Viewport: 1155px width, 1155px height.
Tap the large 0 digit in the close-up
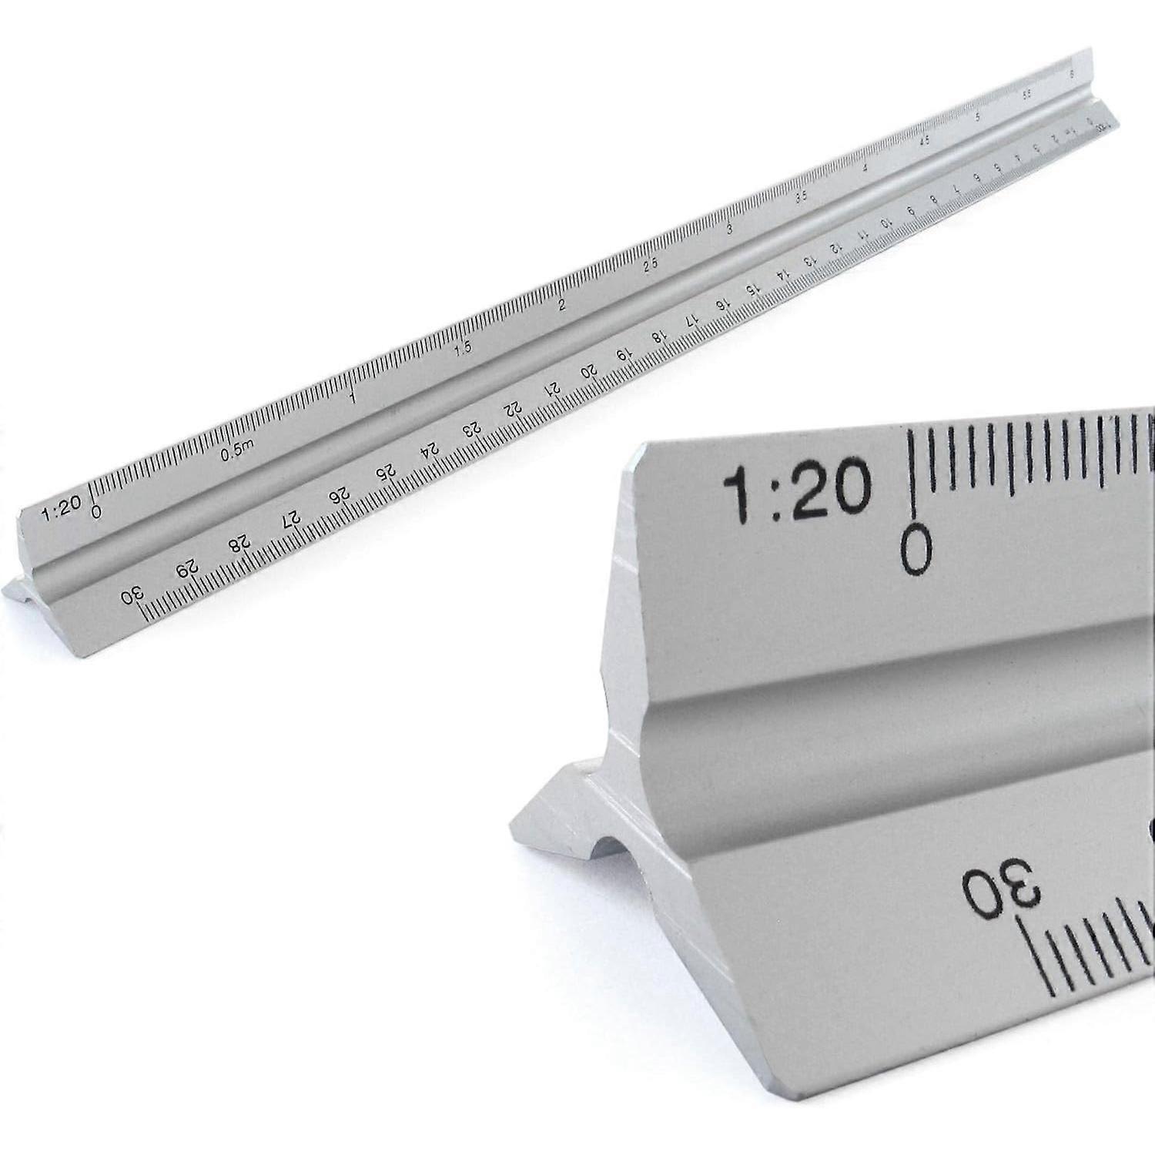[x=916, y=548]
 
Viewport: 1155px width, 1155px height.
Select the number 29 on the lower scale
[x=186, y=570]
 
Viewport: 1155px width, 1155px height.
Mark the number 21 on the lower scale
[x=552, y=390]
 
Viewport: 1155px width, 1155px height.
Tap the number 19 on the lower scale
[x=624, y=355]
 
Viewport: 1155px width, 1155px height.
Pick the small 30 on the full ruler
[x=133, y=595]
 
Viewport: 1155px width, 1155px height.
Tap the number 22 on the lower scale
[x=513, y=410]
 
